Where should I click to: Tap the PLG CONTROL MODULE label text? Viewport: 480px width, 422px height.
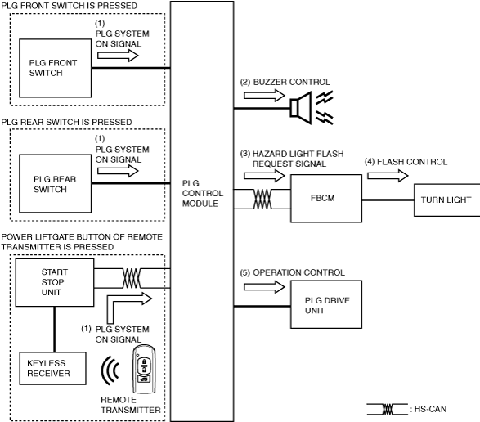202,193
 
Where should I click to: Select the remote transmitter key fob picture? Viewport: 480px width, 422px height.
144,369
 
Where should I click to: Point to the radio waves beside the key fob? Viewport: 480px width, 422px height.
110,370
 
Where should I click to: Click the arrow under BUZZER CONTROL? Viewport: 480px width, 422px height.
264,96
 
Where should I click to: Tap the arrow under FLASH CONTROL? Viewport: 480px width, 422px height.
388,176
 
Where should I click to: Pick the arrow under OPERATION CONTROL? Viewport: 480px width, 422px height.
264,287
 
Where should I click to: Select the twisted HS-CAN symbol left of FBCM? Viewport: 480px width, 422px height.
262,199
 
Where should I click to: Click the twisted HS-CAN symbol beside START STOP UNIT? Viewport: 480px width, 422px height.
132,278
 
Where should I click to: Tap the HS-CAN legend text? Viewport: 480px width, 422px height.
430,409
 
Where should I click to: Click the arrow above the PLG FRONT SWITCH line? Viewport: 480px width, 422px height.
118,56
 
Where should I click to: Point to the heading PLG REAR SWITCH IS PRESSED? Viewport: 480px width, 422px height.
66,122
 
